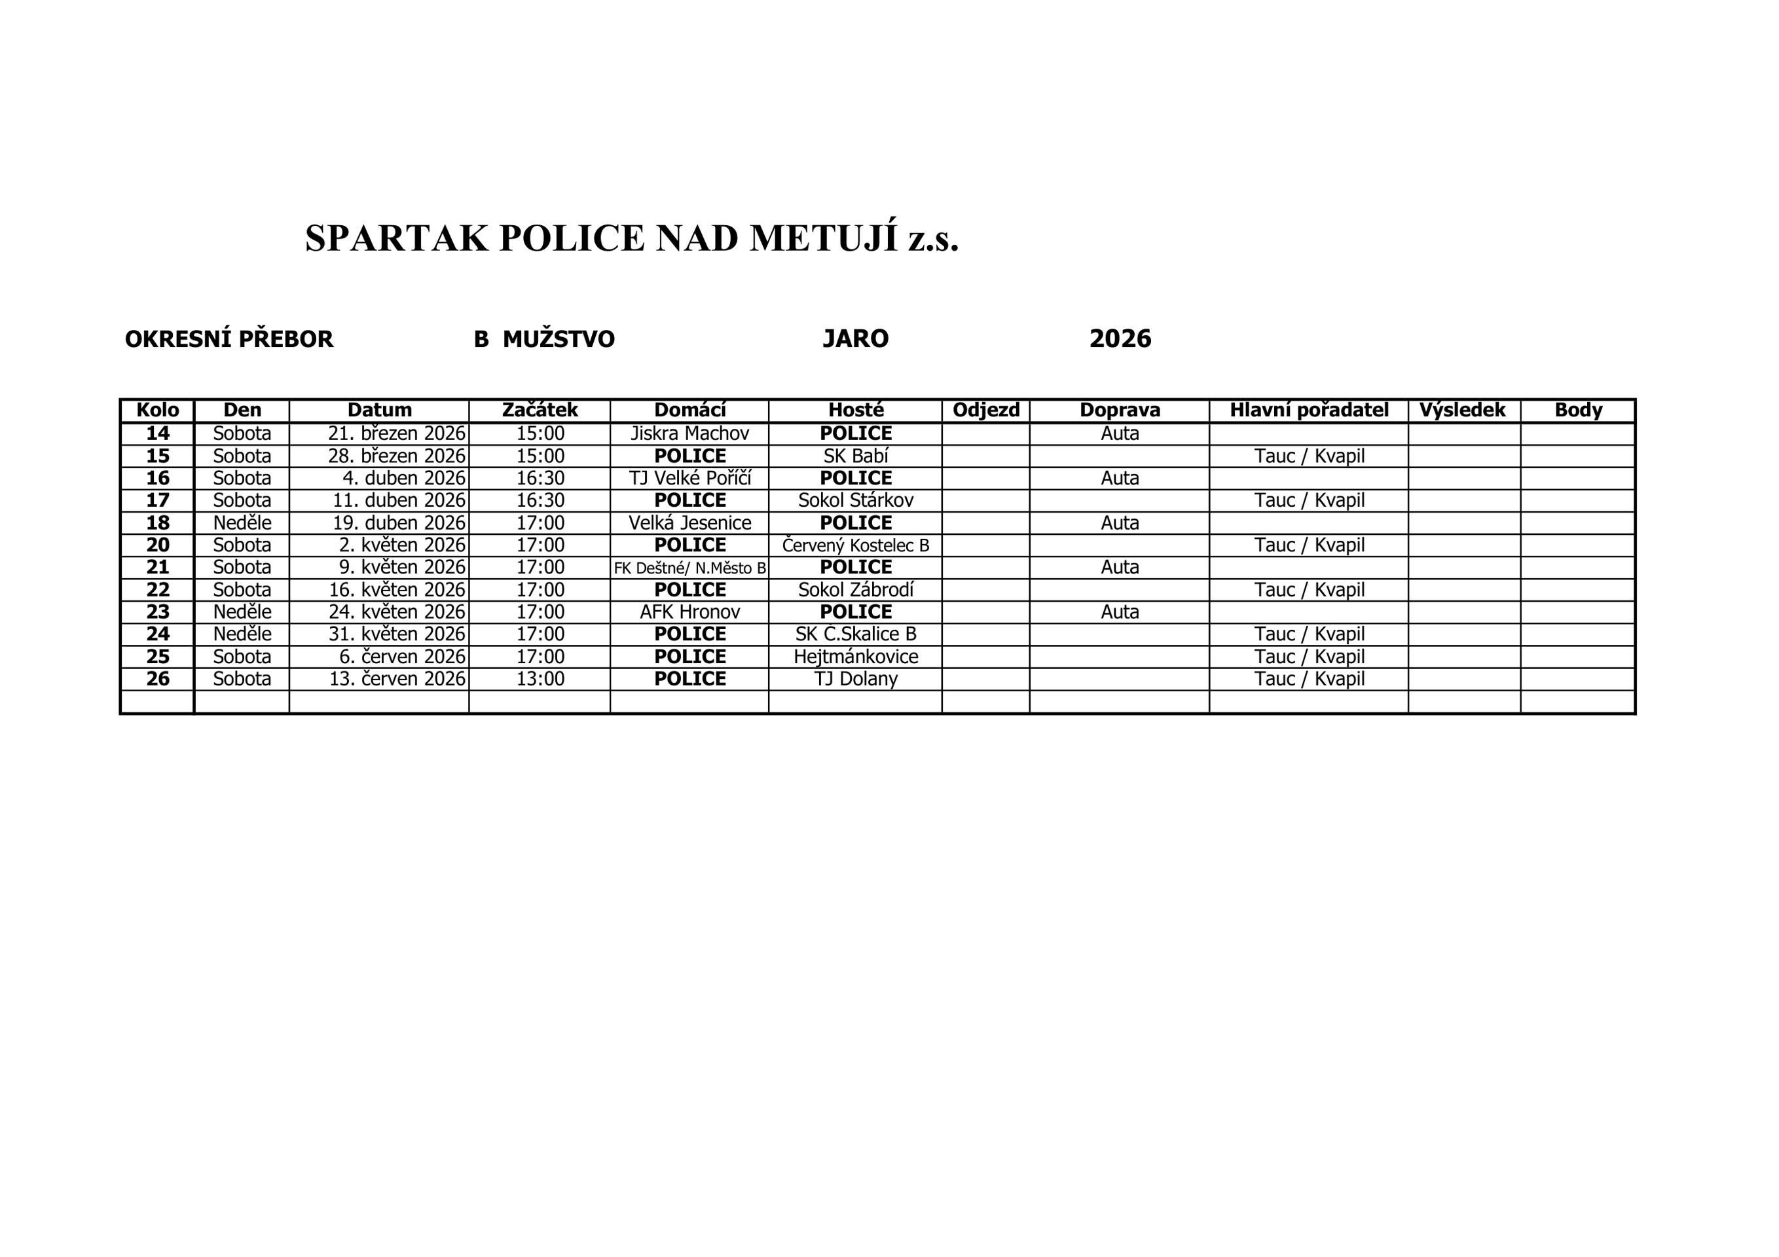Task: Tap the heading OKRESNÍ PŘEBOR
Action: coord(229,339)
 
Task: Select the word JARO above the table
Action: coord(855,338)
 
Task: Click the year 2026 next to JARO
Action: coord(1120,338)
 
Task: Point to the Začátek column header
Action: coord(540,410)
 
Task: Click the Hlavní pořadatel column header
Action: coord(1309,410)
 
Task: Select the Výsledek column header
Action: coord(1462,410)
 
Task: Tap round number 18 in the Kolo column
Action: coord(157,523)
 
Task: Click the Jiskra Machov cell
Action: coord(689,433)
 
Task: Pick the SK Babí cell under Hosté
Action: coord(855,456)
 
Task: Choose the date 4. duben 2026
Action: coord(404,478)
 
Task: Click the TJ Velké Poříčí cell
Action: coord(689,478)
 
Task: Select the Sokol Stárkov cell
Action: coord(855,501)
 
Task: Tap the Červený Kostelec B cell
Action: coord(855,545)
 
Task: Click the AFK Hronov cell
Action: coord(689,612)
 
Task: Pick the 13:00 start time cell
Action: coord(540,679)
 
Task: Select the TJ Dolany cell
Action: coord(855,679)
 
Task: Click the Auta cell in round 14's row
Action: coord(1120,433)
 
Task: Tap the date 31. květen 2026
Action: coord(397,634)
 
